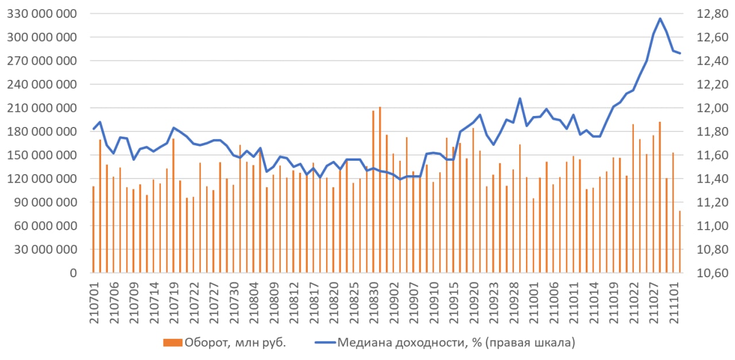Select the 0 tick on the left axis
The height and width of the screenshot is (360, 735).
[73, 273]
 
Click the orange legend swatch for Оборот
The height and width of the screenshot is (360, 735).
[172, 343]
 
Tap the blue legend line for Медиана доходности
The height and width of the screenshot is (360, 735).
[324, 343]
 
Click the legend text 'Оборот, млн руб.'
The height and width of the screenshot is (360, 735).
[235, 343]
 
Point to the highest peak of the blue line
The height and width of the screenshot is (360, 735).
[660, 18]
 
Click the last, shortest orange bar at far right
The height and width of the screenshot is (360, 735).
[680, 242]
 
